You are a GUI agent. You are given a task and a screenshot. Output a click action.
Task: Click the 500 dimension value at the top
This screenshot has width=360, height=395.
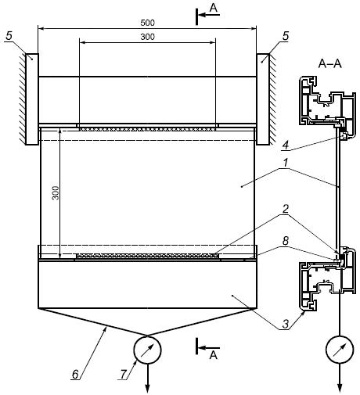147,23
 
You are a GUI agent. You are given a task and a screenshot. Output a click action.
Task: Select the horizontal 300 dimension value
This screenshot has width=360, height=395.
147,37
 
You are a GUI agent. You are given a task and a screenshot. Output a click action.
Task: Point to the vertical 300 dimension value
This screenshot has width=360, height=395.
56,193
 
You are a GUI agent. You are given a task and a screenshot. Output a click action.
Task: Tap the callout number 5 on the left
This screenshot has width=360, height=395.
9,36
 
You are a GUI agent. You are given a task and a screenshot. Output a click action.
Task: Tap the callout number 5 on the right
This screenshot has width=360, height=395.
286,36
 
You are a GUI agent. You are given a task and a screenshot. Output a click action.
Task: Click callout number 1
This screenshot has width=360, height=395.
286,163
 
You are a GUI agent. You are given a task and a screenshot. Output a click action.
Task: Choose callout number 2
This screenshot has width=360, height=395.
286,209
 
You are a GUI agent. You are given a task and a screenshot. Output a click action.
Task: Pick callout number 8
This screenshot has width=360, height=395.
286,241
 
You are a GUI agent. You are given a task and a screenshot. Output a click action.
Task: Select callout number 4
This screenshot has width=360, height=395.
286,145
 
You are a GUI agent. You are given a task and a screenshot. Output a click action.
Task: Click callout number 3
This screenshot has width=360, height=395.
286,325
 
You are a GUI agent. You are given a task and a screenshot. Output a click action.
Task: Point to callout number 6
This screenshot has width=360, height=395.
75,375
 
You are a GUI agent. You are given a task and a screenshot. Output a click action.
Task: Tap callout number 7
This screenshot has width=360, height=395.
123,375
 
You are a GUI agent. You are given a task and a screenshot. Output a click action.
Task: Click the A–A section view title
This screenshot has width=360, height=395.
329,64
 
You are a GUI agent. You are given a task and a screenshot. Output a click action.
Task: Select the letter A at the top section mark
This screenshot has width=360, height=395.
214,8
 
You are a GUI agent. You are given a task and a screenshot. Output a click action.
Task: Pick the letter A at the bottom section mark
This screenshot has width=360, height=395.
214,355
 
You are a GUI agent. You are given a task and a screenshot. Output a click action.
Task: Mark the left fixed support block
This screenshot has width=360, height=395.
32,99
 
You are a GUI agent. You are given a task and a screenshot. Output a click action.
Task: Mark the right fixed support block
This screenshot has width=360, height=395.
263,99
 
